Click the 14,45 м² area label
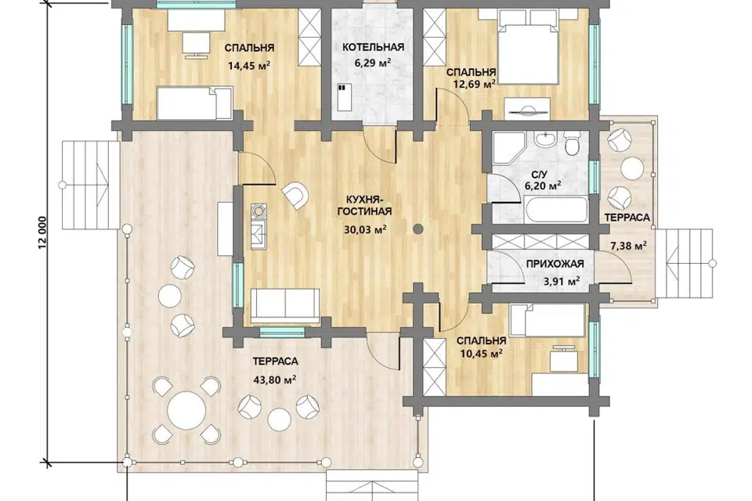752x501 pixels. (x=249, y=66)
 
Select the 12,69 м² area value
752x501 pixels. (x=474, y=85)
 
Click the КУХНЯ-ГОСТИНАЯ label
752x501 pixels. (x=364, y=205)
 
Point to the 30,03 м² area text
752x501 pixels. (x=366, y=229)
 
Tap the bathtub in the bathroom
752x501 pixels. (x=555, y=210)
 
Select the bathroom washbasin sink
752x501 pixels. (x=546, y=140)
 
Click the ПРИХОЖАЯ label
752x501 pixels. (x=555, y=264)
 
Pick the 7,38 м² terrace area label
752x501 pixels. (x=628, y=247)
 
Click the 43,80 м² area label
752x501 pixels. (x=274, y=380)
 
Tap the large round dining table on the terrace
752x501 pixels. (x=186, y=411)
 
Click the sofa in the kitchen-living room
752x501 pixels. (x=285, y=306)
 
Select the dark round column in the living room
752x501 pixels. (x=418, y=229)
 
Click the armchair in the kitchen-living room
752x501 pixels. (x=296, y=195)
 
